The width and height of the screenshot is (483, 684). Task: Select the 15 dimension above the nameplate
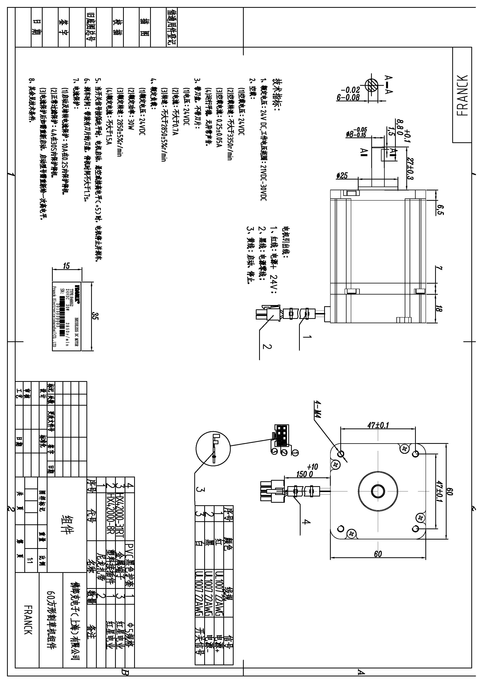66,265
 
